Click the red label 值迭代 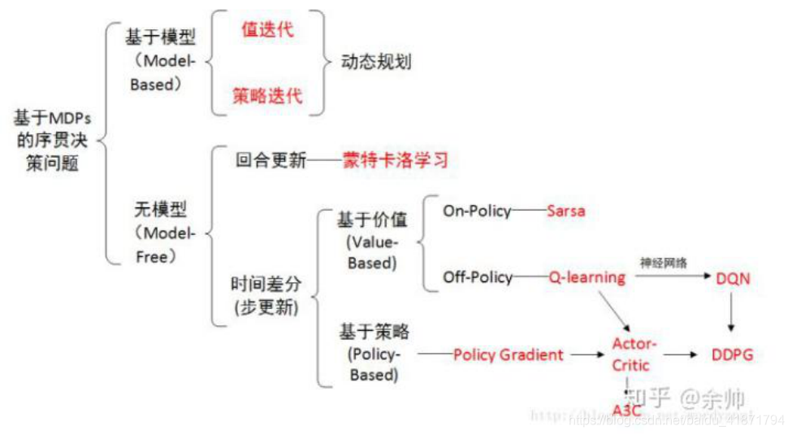[x=267, y=31]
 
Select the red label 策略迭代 [x=267, y=95]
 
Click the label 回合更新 [x=271, y=160]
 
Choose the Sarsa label [x=565, y=211]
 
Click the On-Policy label [x=477, y=211]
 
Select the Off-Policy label [x=478, y=277]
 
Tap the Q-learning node [x=586, y=277]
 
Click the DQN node [x=733, y=278]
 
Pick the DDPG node [x=733, y=355]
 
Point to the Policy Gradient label [x=508, y=355]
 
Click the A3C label [x=627, y=410]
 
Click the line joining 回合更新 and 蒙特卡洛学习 [x=324, y=160]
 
